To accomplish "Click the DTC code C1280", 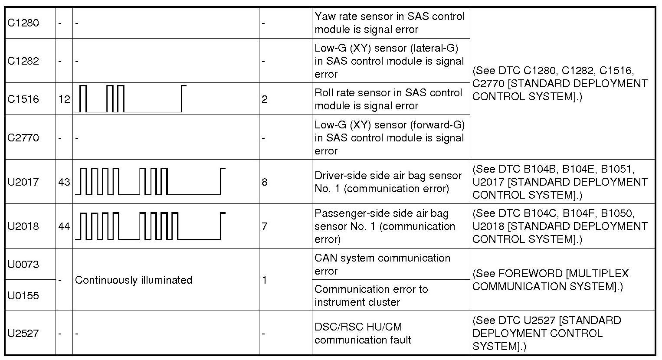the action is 23,23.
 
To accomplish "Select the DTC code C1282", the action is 23,61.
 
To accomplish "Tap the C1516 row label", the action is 23,99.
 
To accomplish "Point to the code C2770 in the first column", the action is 23,138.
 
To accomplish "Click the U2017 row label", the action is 23,182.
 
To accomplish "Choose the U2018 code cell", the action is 23,226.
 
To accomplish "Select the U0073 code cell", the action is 23,265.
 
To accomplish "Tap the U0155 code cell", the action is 23,296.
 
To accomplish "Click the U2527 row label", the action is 23,334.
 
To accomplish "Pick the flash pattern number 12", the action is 64,99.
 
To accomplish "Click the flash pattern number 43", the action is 64,182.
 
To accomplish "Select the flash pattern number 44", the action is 64,226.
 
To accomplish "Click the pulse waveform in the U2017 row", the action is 150,181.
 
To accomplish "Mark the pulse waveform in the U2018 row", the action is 150,226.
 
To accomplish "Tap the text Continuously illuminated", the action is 134,280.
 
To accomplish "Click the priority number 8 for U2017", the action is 265,182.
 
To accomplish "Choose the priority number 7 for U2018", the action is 265,226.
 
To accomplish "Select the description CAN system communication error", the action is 382,265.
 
